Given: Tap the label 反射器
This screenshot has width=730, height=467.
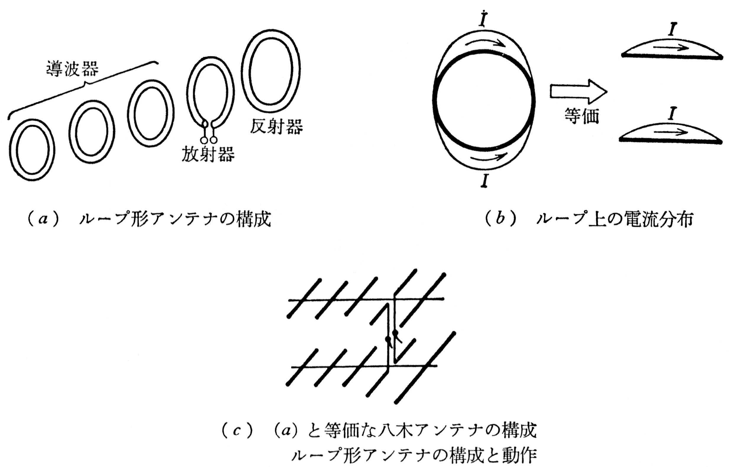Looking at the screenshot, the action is (276, 127).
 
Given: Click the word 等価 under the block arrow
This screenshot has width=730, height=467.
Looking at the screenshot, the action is (582, 116).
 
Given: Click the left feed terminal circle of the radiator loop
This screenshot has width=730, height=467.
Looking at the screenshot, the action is (204, 140).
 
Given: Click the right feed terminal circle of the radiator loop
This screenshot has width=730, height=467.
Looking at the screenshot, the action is (214, 140).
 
